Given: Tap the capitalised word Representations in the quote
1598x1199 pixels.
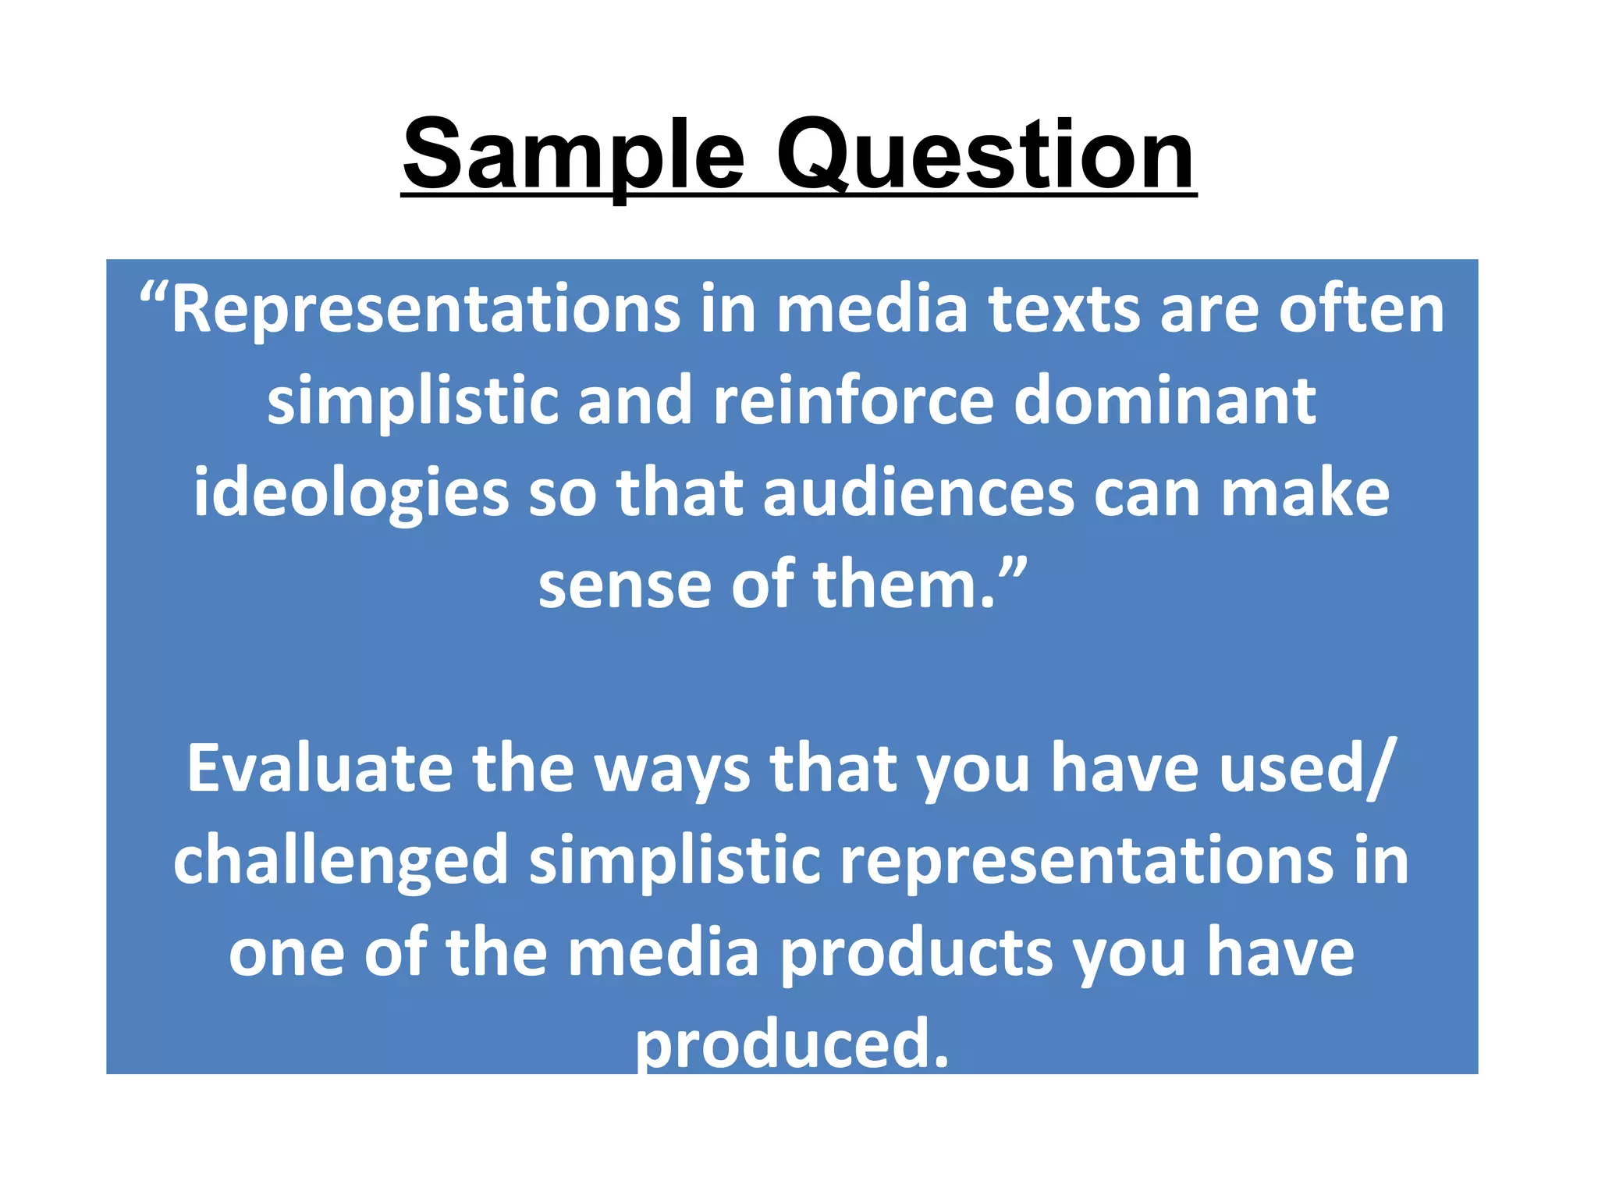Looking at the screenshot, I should (425, 311).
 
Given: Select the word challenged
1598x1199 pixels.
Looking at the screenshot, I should (341, 861).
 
